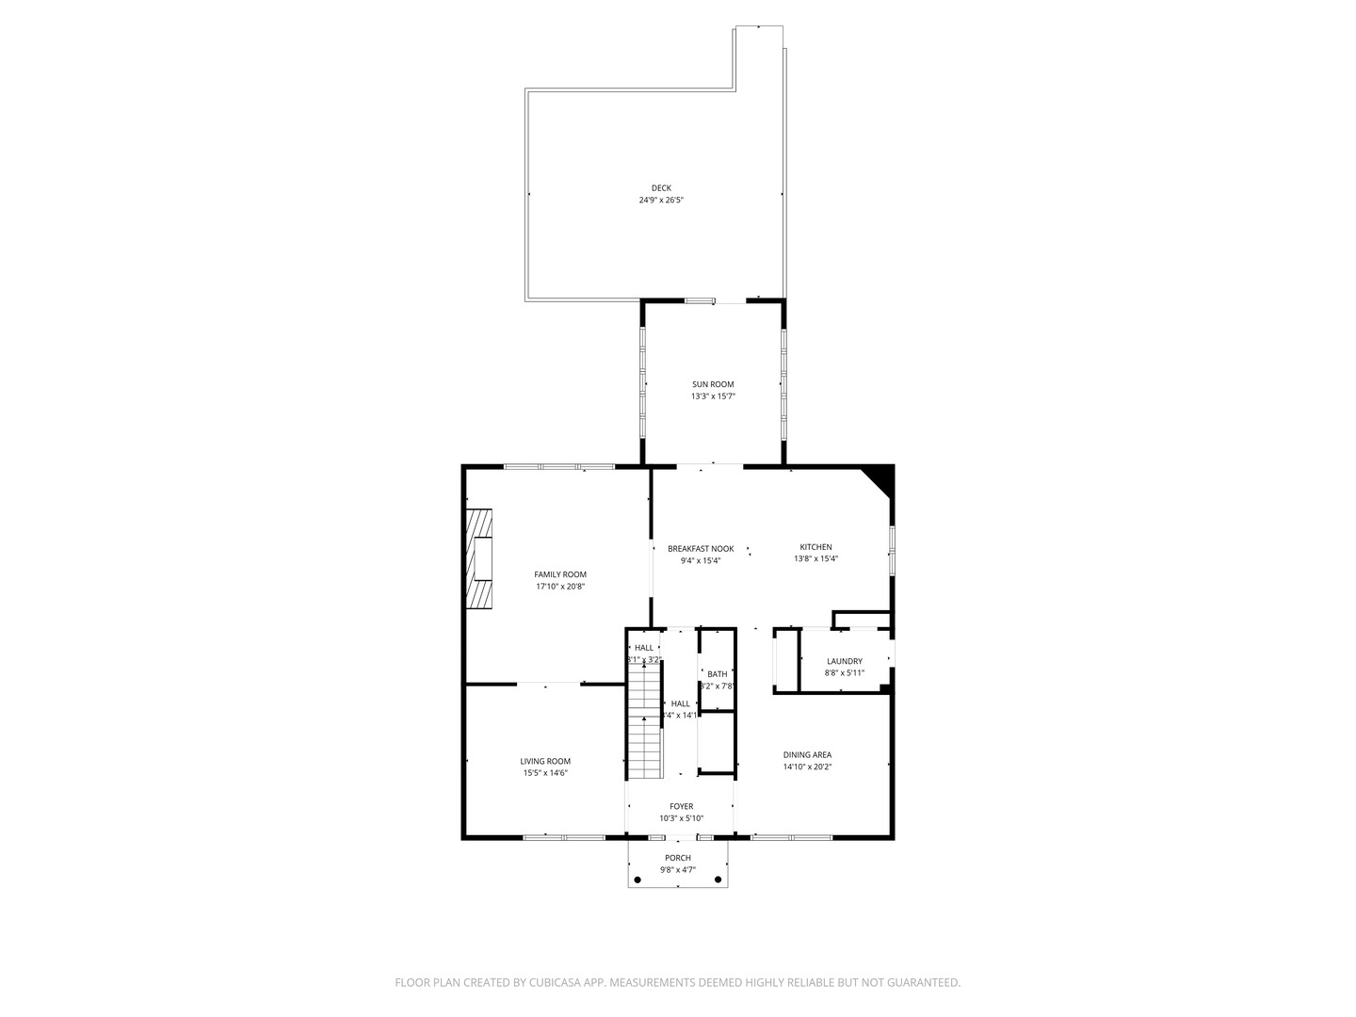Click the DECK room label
pos(661,188)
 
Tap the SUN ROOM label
pos(713,384)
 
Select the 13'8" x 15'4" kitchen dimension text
pos(815,559)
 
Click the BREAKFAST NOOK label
pos(701,549)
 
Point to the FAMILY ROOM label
pos(560,574)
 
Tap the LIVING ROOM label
pos(545,762)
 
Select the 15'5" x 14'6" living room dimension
pos(545,773)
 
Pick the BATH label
pos(718,674)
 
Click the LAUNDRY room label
pos(845,662)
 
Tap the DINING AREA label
pos(807,755)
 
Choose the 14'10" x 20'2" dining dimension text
pos(807,767)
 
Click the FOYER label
pos(681,807)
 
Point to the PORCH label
pos(678,858)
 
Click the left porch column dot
pos(638,880)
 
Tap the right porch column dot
pos(718,880)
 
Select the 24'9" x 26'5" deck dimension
pos(661,201)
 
